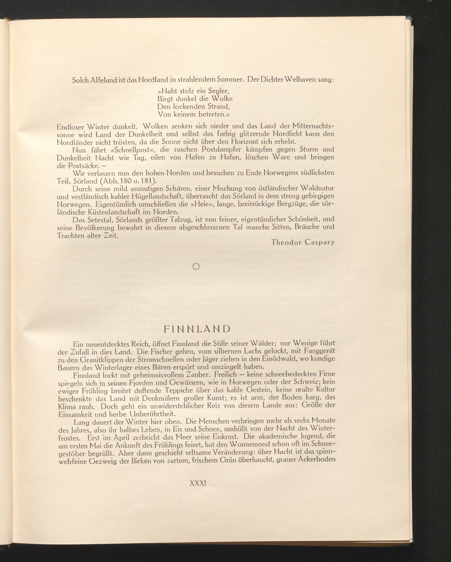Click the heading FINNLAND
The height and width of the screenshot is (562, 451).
click(197, 329)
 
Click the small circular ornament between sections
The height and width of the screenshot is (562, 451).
click(196, 267)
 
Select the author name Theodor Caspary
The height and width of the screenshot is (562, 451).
click(303, 242)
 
